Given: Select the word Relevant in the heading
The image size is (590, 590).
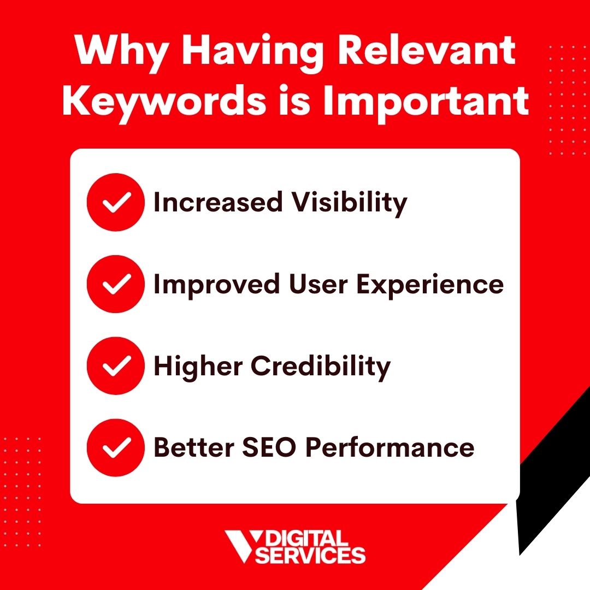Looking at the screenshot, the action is tap(426, 50).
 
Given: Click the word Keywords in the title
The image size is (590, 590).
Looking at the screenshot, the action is tap(165, 102).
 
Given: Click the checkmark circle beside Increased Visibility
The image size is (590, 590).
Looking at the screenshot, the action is tap(115, 202).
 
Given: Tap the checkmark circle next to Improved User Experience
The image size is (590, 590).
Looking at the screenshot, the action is tap(115, 284).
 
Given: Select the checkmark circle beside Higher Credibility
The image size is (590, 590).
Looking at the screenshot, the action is tap(115, 365).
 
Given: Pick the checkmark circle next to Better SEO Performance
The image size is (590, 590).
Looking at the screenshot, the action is tap(115, 447).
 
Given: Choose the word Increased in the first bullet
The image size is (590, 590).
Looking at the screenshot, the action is tap(218, 202).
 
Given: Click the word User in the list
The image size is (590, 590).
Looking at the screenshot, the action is tap(318, 284).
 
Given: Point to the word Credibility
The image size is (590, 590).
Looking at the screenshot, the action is tap(321, 367).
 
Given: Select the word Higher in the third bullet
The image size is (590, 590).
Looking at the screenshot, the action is tap(198, 367).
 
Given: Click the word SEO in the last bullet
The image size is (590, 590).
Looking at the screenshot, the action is tap(269, 447).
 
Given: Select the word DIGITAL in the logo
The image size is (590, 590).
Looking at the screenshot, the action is tap(306, 539).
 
